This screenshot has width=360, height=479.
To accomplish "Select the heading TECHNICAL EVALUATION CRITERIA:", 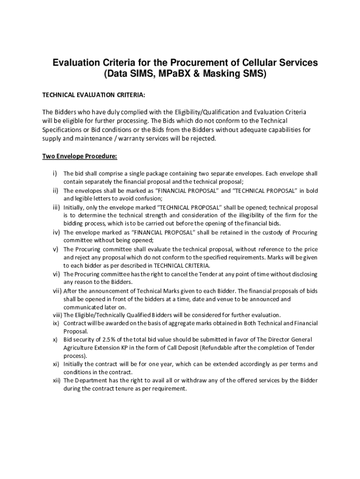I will tap(94, 95).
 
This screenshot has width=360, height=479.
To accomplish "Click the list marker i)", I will tap(55, 174).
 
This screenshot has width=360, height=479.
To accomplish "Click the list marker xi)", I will tap(55, 364).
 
